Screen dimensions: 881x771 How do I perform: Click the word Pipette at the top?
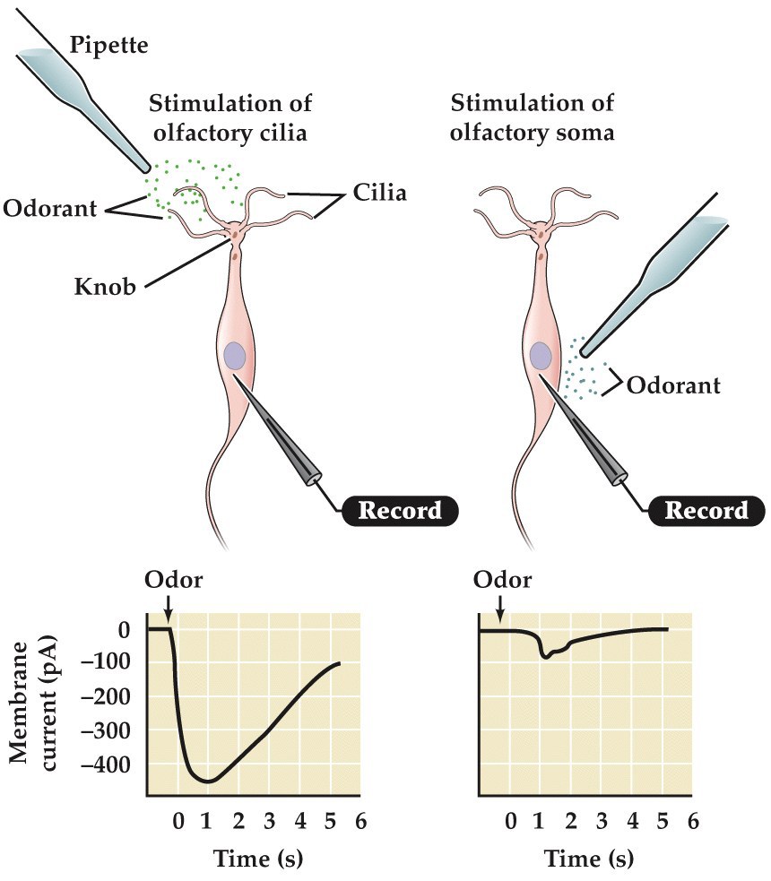[110, 44]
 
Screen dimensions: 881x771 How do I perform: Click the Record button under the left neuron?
[400, 511]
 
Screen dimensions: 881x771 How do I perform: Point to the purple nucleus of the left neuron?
[236, 356]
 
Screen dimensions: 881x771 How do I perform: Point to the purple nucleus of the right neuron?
[541, 356]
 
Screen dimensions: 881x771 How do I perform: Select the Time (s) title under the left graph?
[258, 859]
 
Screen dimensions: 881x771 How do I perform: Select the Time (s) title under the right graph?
[588, 859]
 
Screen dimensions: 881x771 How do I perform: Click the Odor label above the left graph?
[173, 580]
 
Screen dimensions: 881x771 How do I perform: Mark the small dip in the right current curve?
[546, 657]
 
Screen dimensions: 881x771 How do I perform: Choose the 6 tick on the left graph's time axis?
[360, 820]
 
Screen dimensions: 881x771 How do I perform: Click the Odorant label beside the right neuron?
[673, 385]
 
